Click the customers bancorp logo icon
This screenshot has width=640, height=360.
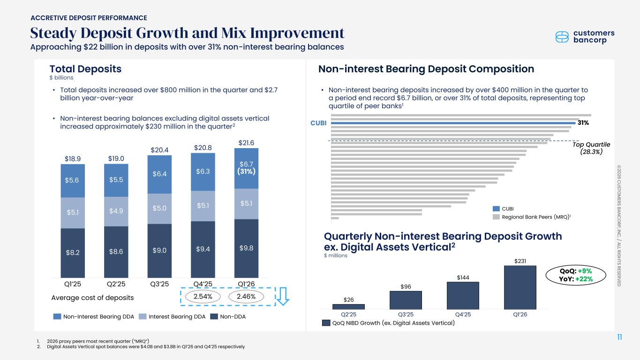click(x=563, y=37)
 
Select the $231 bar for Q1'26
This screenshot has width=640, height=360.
click(x=520, y=287)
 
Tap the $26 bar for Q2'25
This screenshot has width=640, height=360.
click(x=348, y=307)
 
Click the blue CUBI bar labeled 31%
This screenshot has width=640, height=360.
click(x=452, y=123)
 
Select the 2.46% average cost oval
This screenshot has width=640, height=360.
click(x=246, y=297)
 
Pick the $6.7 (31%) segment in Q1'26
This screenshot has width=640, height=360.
click(x=246, y=168)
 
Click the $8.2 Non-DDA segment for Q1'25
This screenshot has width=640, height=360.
click(x=73, y=253)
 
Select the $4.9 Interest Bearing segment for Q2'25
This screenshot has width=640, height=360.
click(x=116, y=211)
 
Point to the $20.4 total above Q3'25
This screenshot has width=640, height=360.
click(x=159, y=150)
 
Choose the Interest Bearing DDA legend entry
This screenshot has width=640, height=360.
click(x=173, y=317)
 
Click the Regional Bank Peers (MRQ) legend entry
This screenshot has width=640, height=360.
click(x=534, y=217)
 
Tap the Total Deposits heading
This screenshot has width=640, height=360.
click(x=86, y=69)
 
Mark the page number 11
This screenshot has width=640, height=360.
click(x=619, y=337)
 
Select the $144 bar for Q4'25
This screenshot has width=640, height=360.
click(x=463, y=295)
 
